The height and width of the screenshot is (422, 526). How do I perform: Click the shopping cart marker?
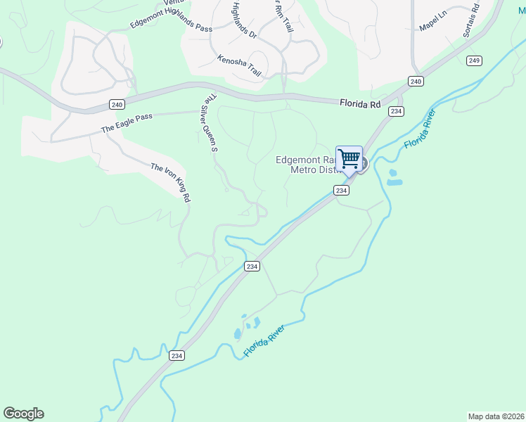tap(349, 159)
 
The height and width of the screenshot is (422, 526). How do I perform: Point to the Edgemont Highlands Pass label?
tap(171, 18)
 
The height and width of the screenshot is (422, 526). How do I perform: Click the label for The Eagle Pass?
tap(127, 124)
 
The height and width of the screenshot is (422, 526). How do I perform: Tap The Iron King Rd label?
tap(171, 183)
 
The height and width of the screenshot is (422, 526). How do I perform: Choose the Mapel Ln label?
tap(433, 25)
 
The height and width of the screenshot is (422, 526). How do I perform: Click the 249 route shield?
tap(473, 61)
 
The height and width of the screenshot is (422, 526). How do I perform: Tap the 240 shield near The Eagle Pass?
tap(117, 104)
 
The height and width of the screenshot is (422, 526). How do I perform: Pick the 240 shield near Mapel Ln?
tap(416, 82)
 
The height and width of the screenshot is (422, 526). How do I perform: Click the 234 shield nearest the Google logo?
tap(177, 356)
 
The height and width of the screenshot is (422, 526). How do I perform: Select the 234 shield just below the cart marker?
tap(341, 191)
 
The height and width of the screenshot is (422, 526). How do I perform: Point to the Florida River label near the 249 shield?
tap(421, 129)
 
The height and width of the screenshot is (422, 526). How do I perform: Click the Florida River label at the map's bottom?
tap(264, 342)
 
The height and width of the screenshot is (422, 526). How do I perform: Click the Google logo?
tap(23, 414)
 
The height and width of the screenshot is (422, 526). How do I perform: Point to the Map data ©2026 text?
tap(495, 416)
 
